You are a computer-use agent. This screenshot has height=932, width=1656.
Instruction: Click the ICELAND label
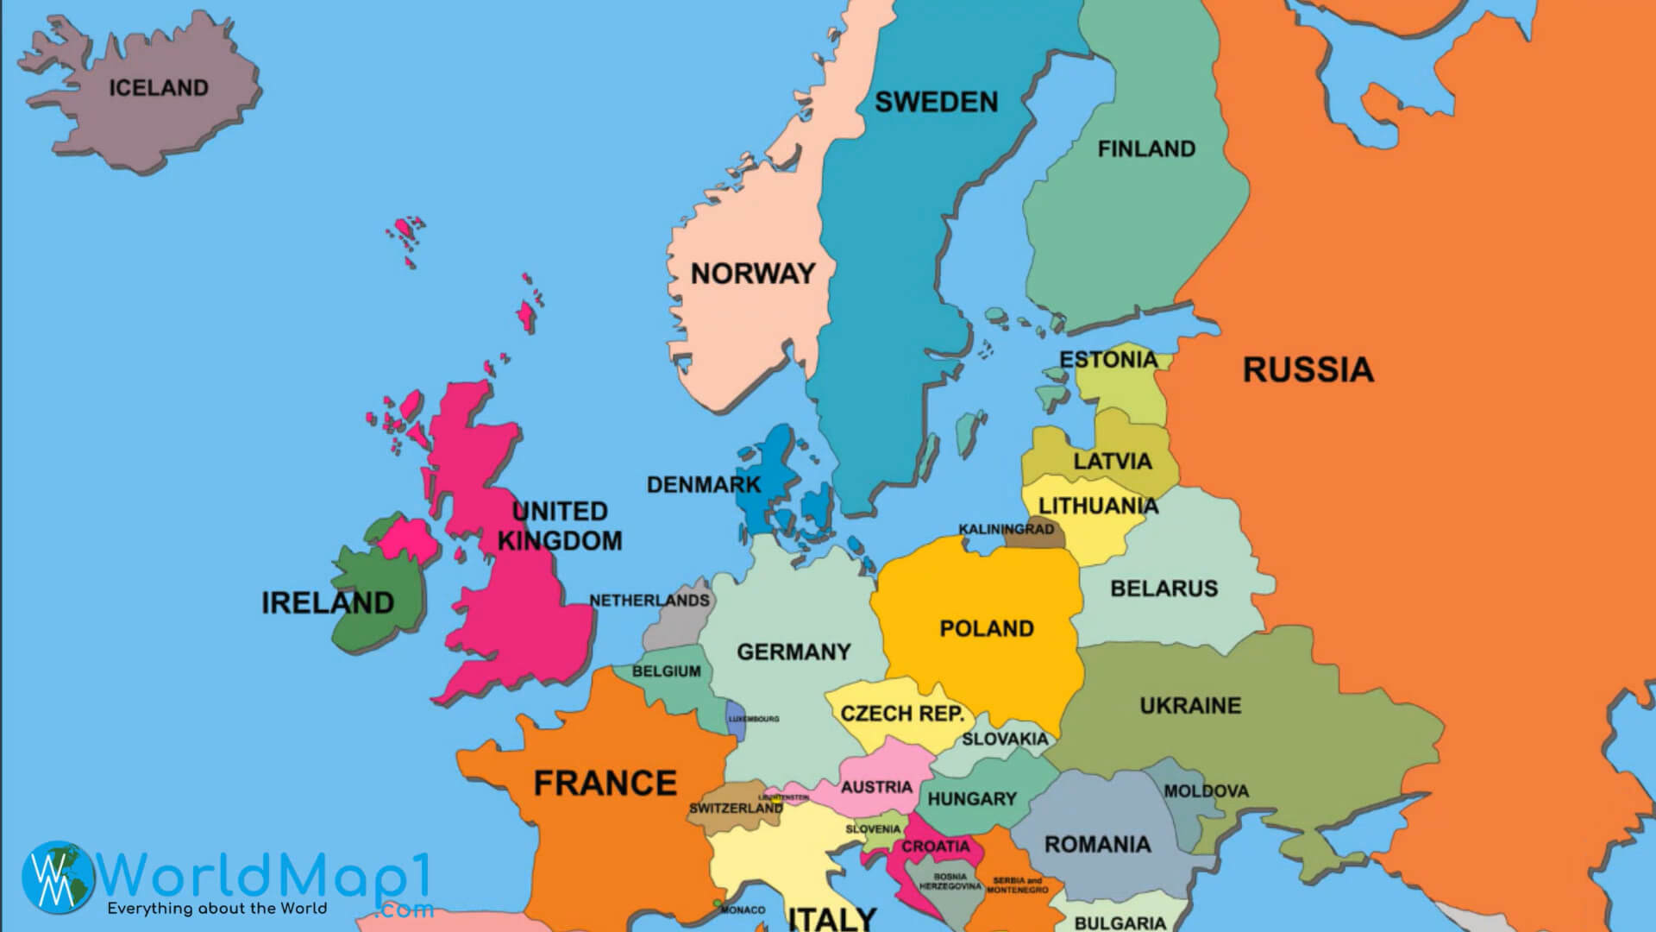(159, 88)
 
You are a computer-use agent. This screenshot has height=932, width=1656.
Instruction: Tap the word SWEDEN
(937, 103)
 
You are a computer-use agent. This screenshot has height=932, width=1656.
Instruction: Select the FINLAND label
(1146, 149)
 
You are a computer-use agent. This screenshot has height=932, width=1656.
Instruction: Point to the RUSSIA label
(1308, 370)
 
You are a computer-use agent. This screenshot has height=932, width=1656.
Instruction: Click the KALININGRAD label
(1006, 529)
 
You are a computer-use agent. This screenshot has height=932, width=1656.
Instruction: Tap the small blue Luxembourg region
(736, 723)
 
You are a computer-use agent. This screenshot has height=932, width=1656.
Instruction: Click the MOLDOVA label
(1206, 791)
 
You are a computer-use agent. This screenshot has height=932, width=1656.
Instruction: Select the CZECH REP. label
(902, 714)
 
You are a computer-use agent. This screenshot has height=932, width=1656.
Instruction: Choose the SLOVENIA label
(873, 829)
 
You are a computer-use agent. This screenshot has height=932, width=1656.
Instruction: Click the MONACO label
(743, 910)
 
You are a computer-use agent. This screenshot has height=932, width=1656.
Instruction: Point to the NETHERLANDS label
(649, 601)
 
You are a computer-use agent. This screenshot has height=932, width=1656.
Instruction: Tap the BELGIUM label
(667, 671)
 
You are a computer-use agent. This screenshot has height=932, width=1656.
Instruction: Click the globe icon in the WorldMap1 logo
(59, 877)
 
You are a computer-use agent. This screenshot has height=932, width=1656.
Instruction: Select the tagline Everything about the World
(216, 909)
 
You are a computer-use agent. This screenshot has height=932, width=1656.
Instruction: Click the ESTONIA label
(1108, 360)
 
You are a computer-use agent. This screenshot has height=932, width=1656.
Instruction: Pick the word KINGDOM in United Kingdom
(560, 541)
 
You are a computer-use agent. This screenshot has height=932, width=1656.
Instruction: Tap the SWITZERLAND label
(736, 809)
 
